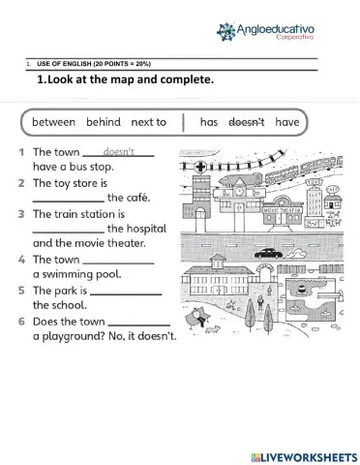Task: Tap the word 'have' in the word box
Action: [287, 123]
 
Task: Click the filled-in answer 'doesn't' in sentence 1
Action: [119, 152]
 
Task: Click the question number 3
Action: [20, 213]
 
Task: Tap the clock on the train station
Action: [238, 191]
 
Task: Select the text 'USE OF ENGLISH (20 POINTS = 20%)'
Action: [94, 63]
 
